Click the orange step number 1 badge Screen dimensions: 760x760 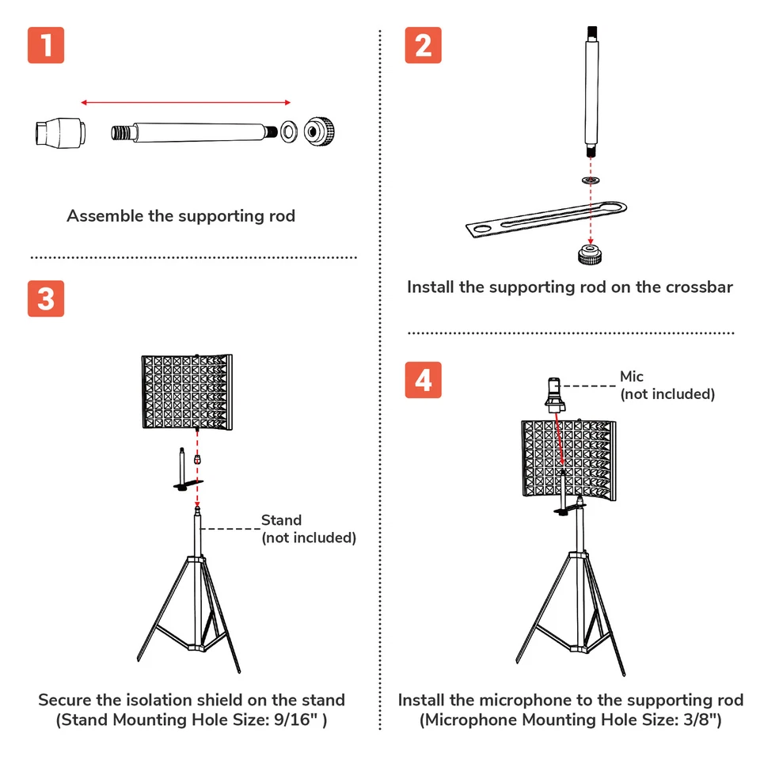click(46, 45)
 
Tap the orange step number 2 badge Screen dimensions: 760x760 click(423, 45)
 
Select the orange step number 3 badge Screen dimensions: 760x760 click(46, 299)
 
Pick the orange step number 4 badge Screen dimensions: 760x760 click(423, 380)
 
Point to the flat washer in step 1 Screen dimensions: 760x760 click(290, 129)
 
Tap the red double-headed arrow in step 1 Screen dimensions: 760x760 click(186, 102)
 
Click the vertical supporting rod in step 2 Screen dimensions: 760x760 click(590, 91)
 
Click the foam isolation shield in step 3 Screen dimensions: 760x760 click(188, 393)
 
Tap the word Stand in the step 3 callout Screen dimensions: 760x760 click(281, 520)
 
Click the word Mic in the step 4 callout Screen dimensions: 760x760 click(632, 377)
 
